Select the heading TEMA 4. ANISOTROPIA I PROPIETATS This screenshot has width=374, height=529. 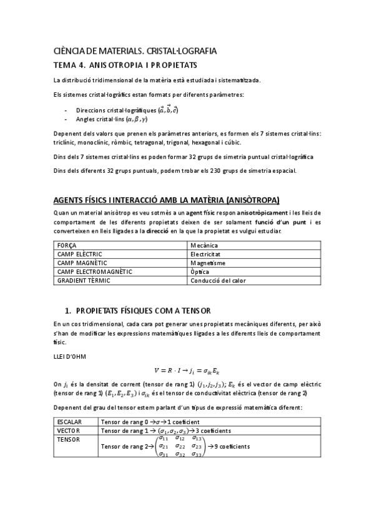pos(125,65)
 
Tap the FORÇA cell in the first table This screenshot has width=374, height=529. pos(67,246)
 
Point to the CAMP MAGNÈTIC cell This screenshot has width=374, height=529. pos(81,263)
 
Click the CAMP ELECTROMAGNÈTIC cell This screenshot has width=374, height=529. pos(94,272)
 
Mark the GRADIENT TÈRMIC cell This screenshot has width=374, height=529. pos(84,281)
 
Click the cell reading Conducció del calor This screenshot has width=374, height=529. pos(218,281)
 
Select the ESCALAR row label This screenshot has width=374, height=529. pos(69,422)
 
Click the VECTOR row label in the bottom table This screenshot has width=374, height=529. pos(68,430)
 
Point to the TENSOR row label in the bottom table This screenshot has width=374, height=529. pos(68,439)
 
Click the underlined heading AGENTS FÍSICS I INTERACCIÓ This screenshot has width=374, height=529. pos(167,200)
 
